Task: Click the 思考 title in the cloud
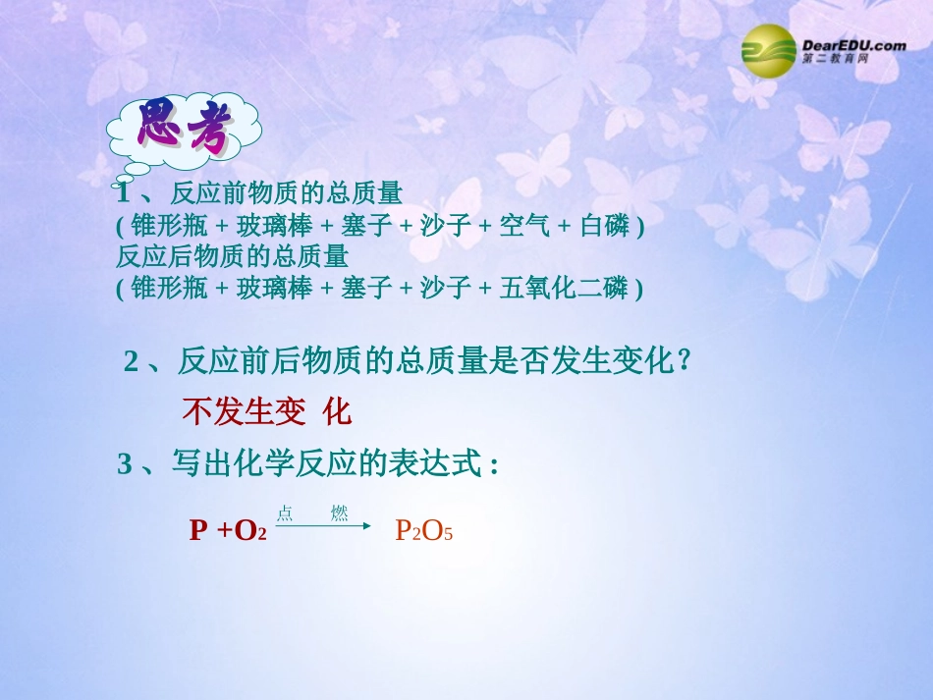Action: coord(183,128)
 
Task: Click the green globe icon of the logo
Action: coord(769,50)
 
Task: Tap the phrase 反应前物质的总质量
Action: coord(287,192)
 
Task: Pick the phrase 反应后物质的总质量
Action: coord(233,257)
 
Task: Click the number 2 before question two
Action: coord(132,362)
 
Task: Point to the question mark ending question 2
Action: coord(685,361)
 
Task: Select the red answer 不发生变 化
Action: coord(266,412)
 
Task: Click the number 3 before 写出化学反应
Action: coord(125,464)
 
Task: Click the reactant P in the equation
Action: coord(198,532)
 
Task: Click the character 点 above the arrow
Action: coord(285,513)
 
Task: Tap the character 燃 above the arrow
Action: coord(339,513)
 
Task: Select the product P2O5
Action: coord(424,532)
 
